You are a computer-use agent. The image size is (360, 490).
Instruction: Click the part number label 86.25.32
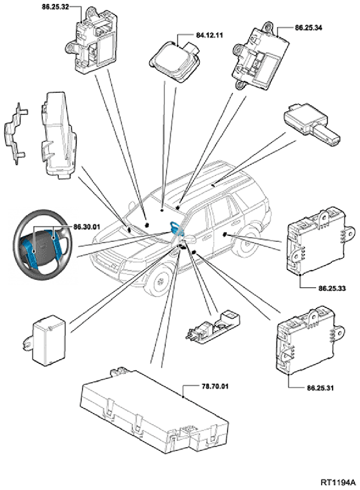click(55, 7)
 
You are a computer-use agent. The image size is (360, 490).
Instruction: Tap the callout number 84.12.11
click(210, 35)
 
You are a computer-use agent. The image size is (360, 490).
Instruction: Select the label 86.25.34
click(309, 28)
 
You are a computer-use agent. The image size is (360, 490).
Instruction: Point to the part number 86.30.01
click(86, 227)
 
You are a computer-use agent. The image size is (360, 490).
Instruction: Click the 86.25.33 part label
click(332, 288)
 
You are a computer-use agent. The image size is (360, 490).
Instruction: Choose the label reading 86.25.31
click(320, 388)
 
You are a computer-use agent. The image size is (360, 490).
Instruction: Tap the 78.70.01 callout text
click(215, 387)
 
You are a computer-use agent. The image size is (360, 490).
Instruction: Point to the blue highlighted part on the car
click(175, 227)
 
